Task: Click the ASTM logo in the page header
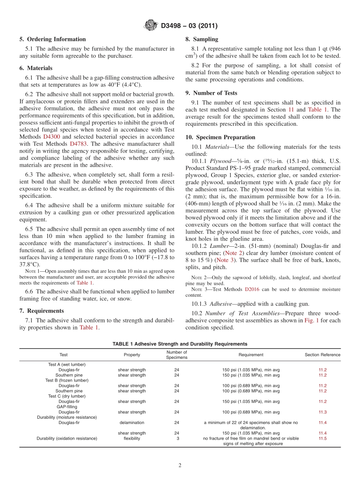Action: point(151,26)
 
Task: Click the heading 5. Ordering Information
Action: point(53,39)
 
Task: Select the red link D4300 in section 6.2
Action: point(52,137)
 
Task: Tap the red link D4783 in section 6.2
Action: point(78,144)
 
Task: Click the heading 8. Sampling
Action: point(202,39)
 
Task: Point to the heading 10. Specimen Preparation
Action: point(220,137)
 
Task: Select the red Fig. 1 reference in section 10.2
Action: point(311,321)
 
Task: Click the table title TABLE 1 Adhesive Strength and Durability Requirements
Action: point(180,344)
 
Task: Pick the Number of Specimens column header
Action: point(177,355)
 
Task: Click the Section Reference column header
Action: point(322,355)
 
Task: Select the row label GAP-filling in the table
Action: point(67,407)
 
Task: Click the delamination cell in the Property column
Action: point(132,423)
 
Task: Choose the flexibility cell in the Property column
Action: point(132,438)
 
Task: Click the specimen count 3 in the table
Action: point(177,438)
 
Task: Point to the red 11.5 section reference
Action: point(322,438)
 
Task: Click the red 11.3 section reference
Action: point(322,412)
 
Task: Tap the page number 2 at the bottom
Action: point(180,466)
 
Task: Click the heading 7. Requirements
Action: point(42,311)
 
